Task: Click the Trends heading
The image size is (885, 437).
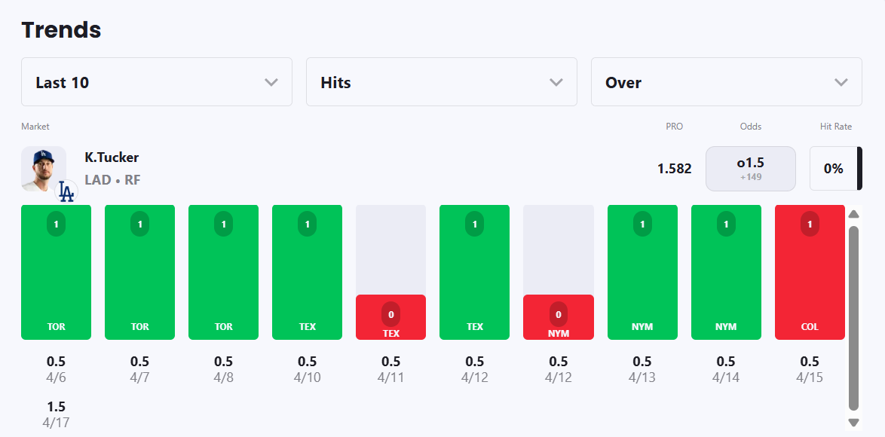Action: click(x=61, y=30)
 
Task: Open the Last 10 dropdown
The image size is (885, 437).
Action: click(x=156, y=82)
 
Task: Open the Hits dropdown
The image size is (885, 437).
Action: click(x=441, y=82)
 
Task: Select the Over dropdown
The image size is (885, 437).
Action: click(x=726, y=82)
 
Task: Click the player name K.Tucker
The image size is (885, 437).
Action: click(x=112, y=157)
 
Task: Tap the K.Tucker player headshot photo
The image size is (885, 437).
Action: click(x=43, y=169)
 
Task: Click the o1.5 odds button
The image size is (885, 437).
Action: click(x=750, y=169)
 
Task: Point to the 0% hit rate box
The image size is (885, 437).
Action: click(x=833, y=169)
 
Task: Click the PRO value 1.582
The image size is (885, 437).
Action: click(x=674, y=169)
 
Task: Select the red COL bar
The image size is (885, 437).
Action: click(x=810, y=272)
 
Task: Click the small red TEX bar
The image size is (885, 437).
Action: click(x=390, y=317)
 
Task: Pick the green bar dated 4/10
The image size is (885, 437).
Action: click(x=307, y=272)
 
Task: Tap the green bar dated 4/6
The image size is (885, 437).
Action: click(x=56, y=272)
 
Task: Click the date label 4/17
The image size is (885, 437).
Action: click(x=56, y=423)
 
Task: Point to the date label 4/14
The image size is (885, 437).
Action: click(x=725, y=377)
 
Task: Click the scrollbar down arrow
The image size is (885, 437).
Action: click(x=853, y=423)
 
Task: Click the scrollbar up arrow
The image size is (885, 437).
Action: click(x=853, y=214)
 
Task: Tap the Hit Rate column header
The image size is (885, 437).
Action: click(x=835, y=127)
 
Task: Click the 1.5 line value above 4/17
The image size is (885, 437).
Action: click(x=56, y=407)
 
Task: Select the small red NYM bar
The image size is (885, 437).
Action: click(x=558, y=317)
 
